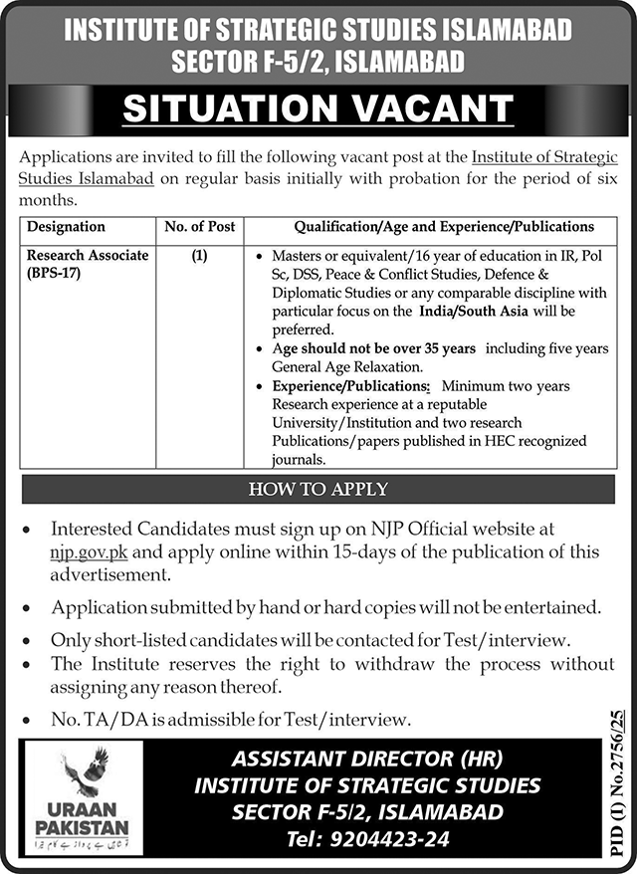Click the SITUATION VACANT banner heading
318,109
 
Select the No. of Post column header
199,227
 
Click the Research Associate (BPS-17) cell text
87,264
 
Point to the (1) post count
199,256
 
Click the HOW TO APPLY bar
318,489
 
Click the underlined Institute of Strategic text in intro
544,157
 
